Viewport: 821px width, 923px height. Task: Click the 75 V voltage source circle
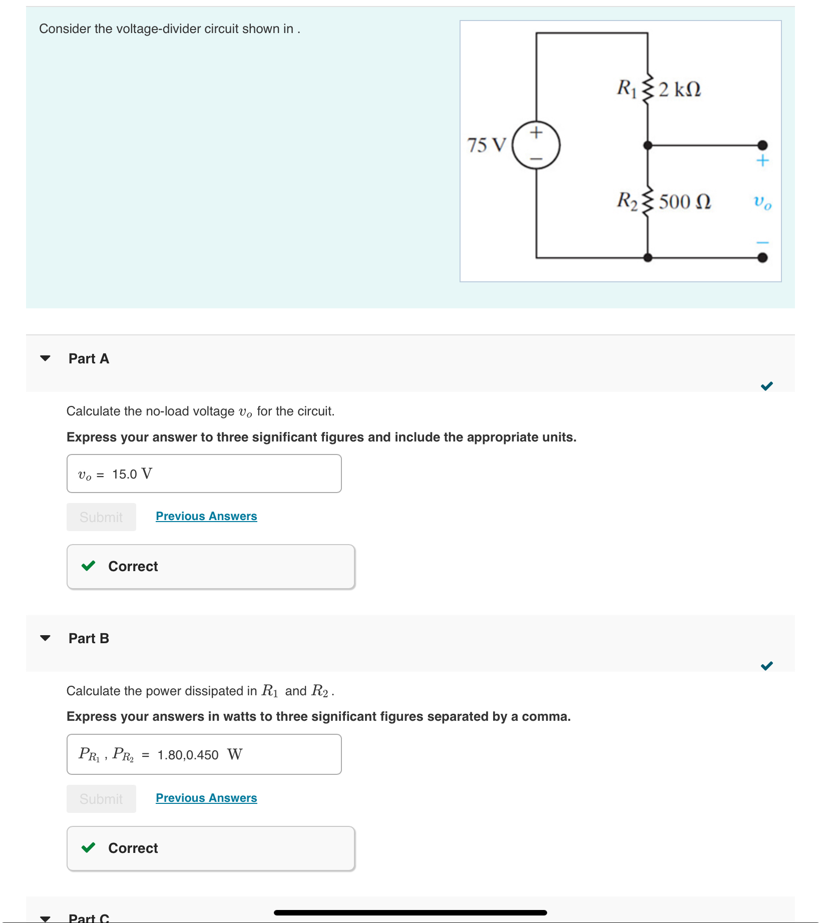536,145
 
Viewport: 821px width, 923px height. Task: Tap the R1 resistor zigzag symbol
648,89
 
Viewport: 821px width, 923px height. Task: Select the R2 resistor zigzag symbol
648,201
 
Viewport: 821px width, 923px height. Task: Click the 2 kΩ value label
679,90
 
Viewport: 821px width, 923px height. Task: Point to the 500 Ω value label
684,202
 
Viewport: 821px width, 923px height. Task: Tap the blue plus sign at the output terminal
762,161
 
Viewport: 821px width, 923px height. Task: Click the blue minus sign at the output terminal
762,242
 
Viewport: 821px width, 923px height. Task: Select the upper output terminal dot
762,145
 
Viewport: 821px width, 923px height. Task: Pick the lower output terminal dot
762,258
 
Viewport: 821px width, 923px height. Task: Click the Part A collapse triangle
45,358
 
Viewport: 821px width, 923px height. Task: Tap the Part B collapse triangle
45,638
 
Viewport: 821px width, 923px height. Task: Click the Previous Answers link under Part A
206,516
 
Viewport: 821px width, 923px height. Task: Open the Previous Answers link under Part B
206,798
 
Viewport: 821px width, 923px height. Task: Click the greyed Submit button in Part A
101,517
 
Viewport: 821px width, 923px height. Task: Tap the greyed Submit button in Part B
101,799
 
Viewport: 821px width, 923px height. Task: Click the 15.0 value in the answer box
124,474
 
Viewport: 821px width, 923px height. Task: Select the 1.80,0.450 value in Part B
188,755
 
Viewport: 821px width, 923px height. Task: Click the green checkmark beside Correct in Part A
89,566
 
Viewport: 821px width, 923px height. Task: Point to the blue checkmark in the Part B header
766,666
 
